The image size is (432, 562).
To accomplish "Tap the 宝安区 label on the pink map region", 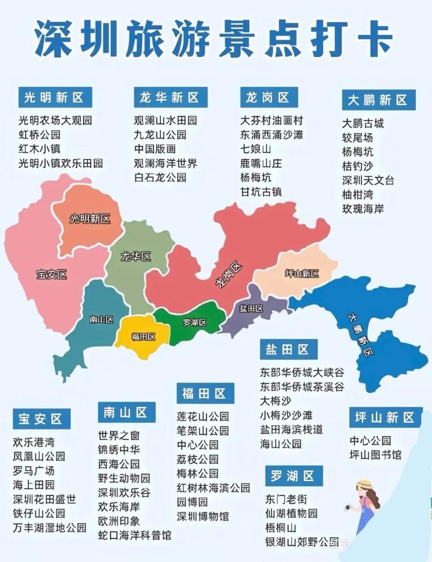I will (x=52, y=275).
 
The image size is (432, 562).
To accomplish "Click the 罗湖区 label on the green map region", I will (x=195, y=323).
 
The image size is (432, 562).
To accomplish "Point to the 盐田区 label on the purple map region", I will (x=251, y=309).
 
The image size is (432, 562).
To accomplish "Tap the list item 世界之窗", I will (x=119, y=436).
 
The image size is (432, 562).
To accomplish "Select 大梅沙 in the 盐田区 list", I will (x=275, y=401).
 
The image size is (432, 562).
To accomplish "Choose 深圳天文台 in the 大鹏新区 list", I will (x=368, y=180).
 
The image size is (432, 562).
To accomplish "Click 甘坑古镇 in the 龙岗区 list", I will (x=261, y=191).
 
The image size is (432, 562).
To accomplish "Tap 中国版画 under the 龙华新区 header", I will (x=155, y=149).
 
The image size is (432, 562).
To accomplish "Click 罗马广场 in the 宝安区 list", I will (x=33, y=470).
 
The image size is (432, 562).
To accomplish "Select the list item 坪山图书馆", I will (x=375, y=455).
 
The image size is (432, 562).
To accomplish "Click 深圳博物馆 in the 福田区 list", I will (x=202, y=516).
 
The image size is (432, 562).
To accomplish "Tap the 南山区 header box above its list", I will (x=126, y=413).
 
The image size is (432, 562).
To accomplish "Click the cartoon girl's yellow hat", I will (x=365, y=485).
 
